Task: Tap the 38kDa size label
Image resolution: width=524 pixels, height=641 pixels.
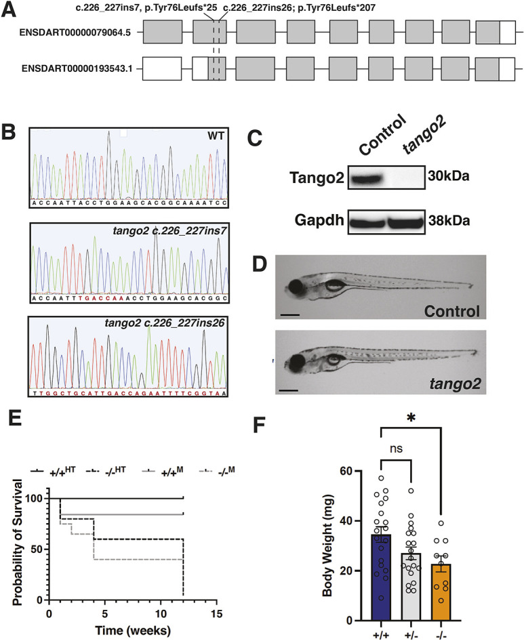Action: [445, 221]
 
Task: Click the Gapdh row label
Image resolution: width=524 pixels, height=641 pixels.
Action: [302, 222]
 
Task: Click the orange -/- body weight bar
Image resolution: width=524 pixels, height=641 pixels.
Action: [442, 576]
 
